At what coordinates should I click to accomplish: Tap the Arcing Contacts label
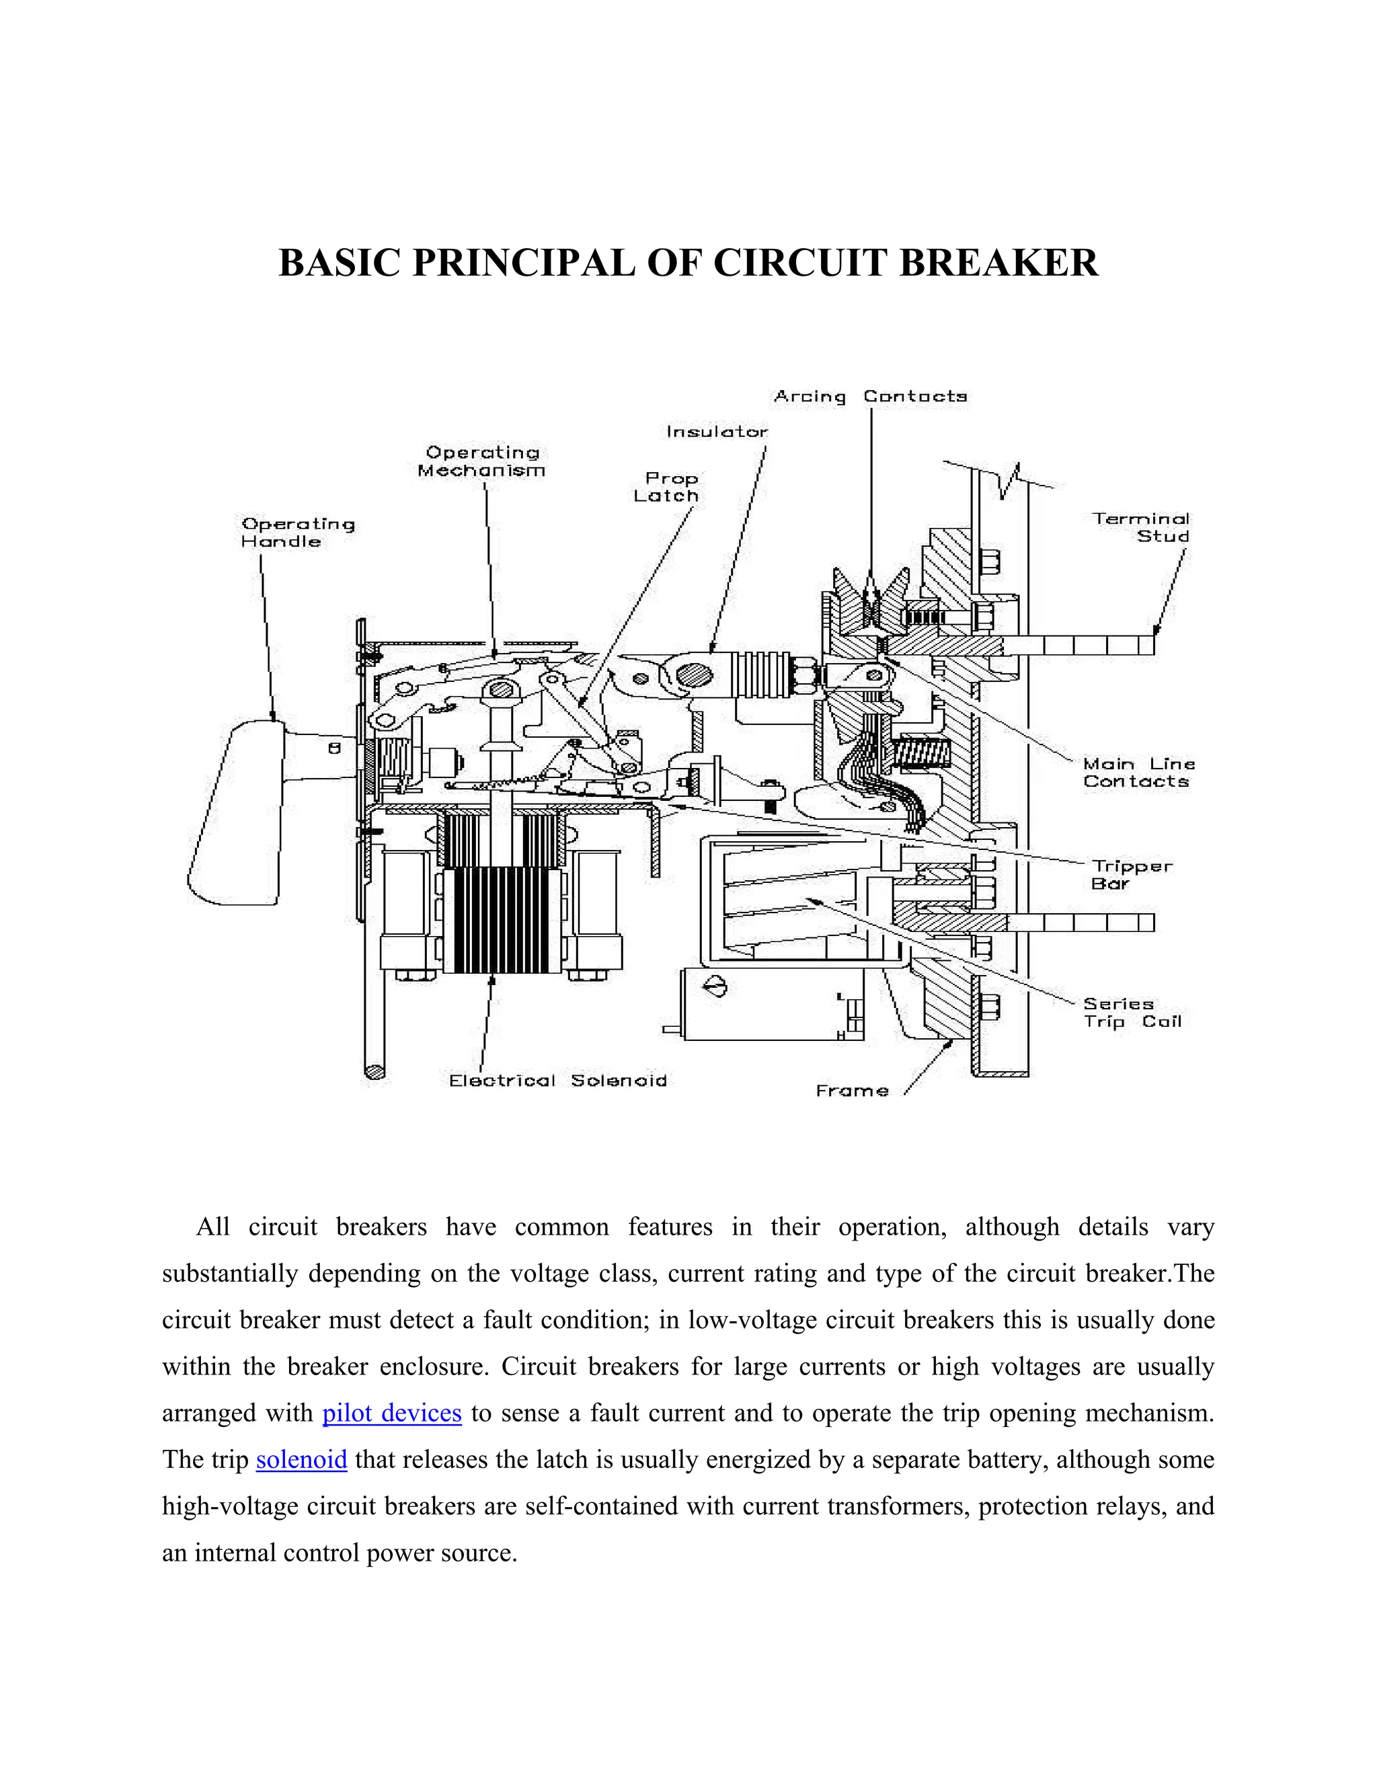click(871, 397)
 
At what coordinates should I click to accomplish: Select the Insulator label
click(717, 432)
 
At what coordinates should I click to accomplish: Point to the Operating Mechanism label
click(481, 462)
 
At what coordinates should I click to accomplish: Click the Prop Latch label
click(667, 487)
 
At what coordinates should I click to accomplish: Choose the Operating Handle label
click(298, 533)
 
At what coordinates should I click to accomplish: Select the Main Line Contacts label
click(1139, 773)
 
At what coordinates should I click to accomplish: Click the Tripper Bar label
click(1132, 875)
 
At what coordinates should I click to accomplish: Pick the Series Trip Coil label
click(1132, 1013)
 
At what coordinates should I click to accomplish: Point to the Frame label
click(853, 1091)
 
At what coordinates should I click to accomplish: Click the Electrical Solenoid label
click(558, 1081)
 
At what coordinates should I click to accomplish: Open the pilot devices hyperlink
click(393, 1412)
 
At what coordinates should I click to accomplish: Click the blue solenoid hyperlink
click(302, 1459)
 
